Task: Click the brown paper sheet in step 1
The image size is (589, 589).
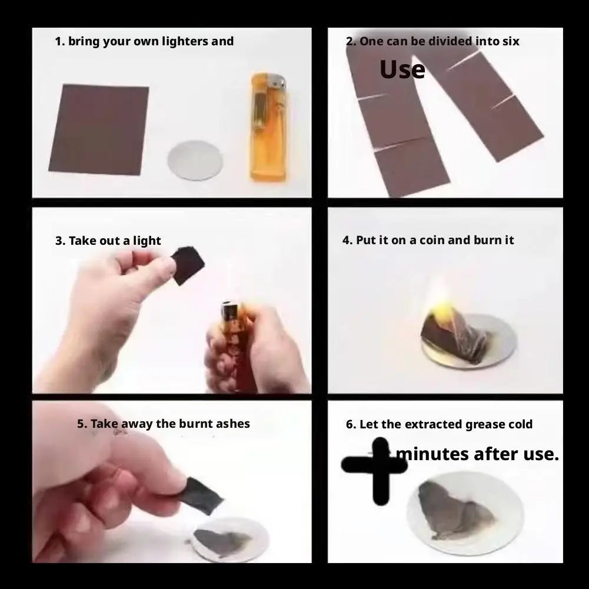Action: click(x=99, y=129)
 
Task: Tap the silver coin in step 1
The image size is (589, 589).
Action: click(x=195, y=160)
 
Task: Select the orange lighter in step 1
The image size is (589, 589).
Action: click(x=269, y=127)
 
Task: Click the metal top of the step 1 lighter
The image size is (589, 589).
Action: click(x=276, y=82)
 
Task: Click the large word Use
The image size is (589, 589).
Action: click(x=402, y=69)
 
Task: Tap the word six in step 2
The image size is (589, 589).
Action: click(x=511, y=41)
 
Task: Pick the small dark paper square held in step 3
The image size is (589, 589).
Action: click(x=188, y=265)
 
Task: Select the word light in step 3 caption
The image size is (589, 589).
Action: click(x=147, y=241)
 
